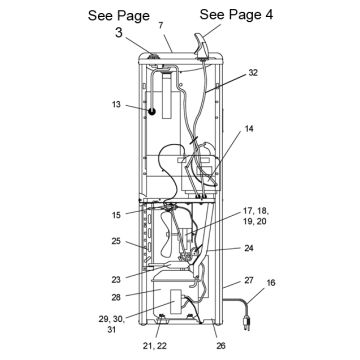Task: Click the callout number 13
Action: click(116, 104)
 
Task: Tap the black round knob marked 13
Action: click(152, 112)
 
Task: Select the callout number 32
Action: click(253, 73)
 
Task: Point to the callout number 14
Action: click(248, 129)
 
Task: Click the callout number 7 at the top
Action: click(161, 26)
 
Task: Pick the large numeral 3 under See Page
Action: click(120, 33)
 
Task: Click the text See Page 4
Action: click(236, 14)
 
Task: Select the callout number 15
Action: click(116, 215)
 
